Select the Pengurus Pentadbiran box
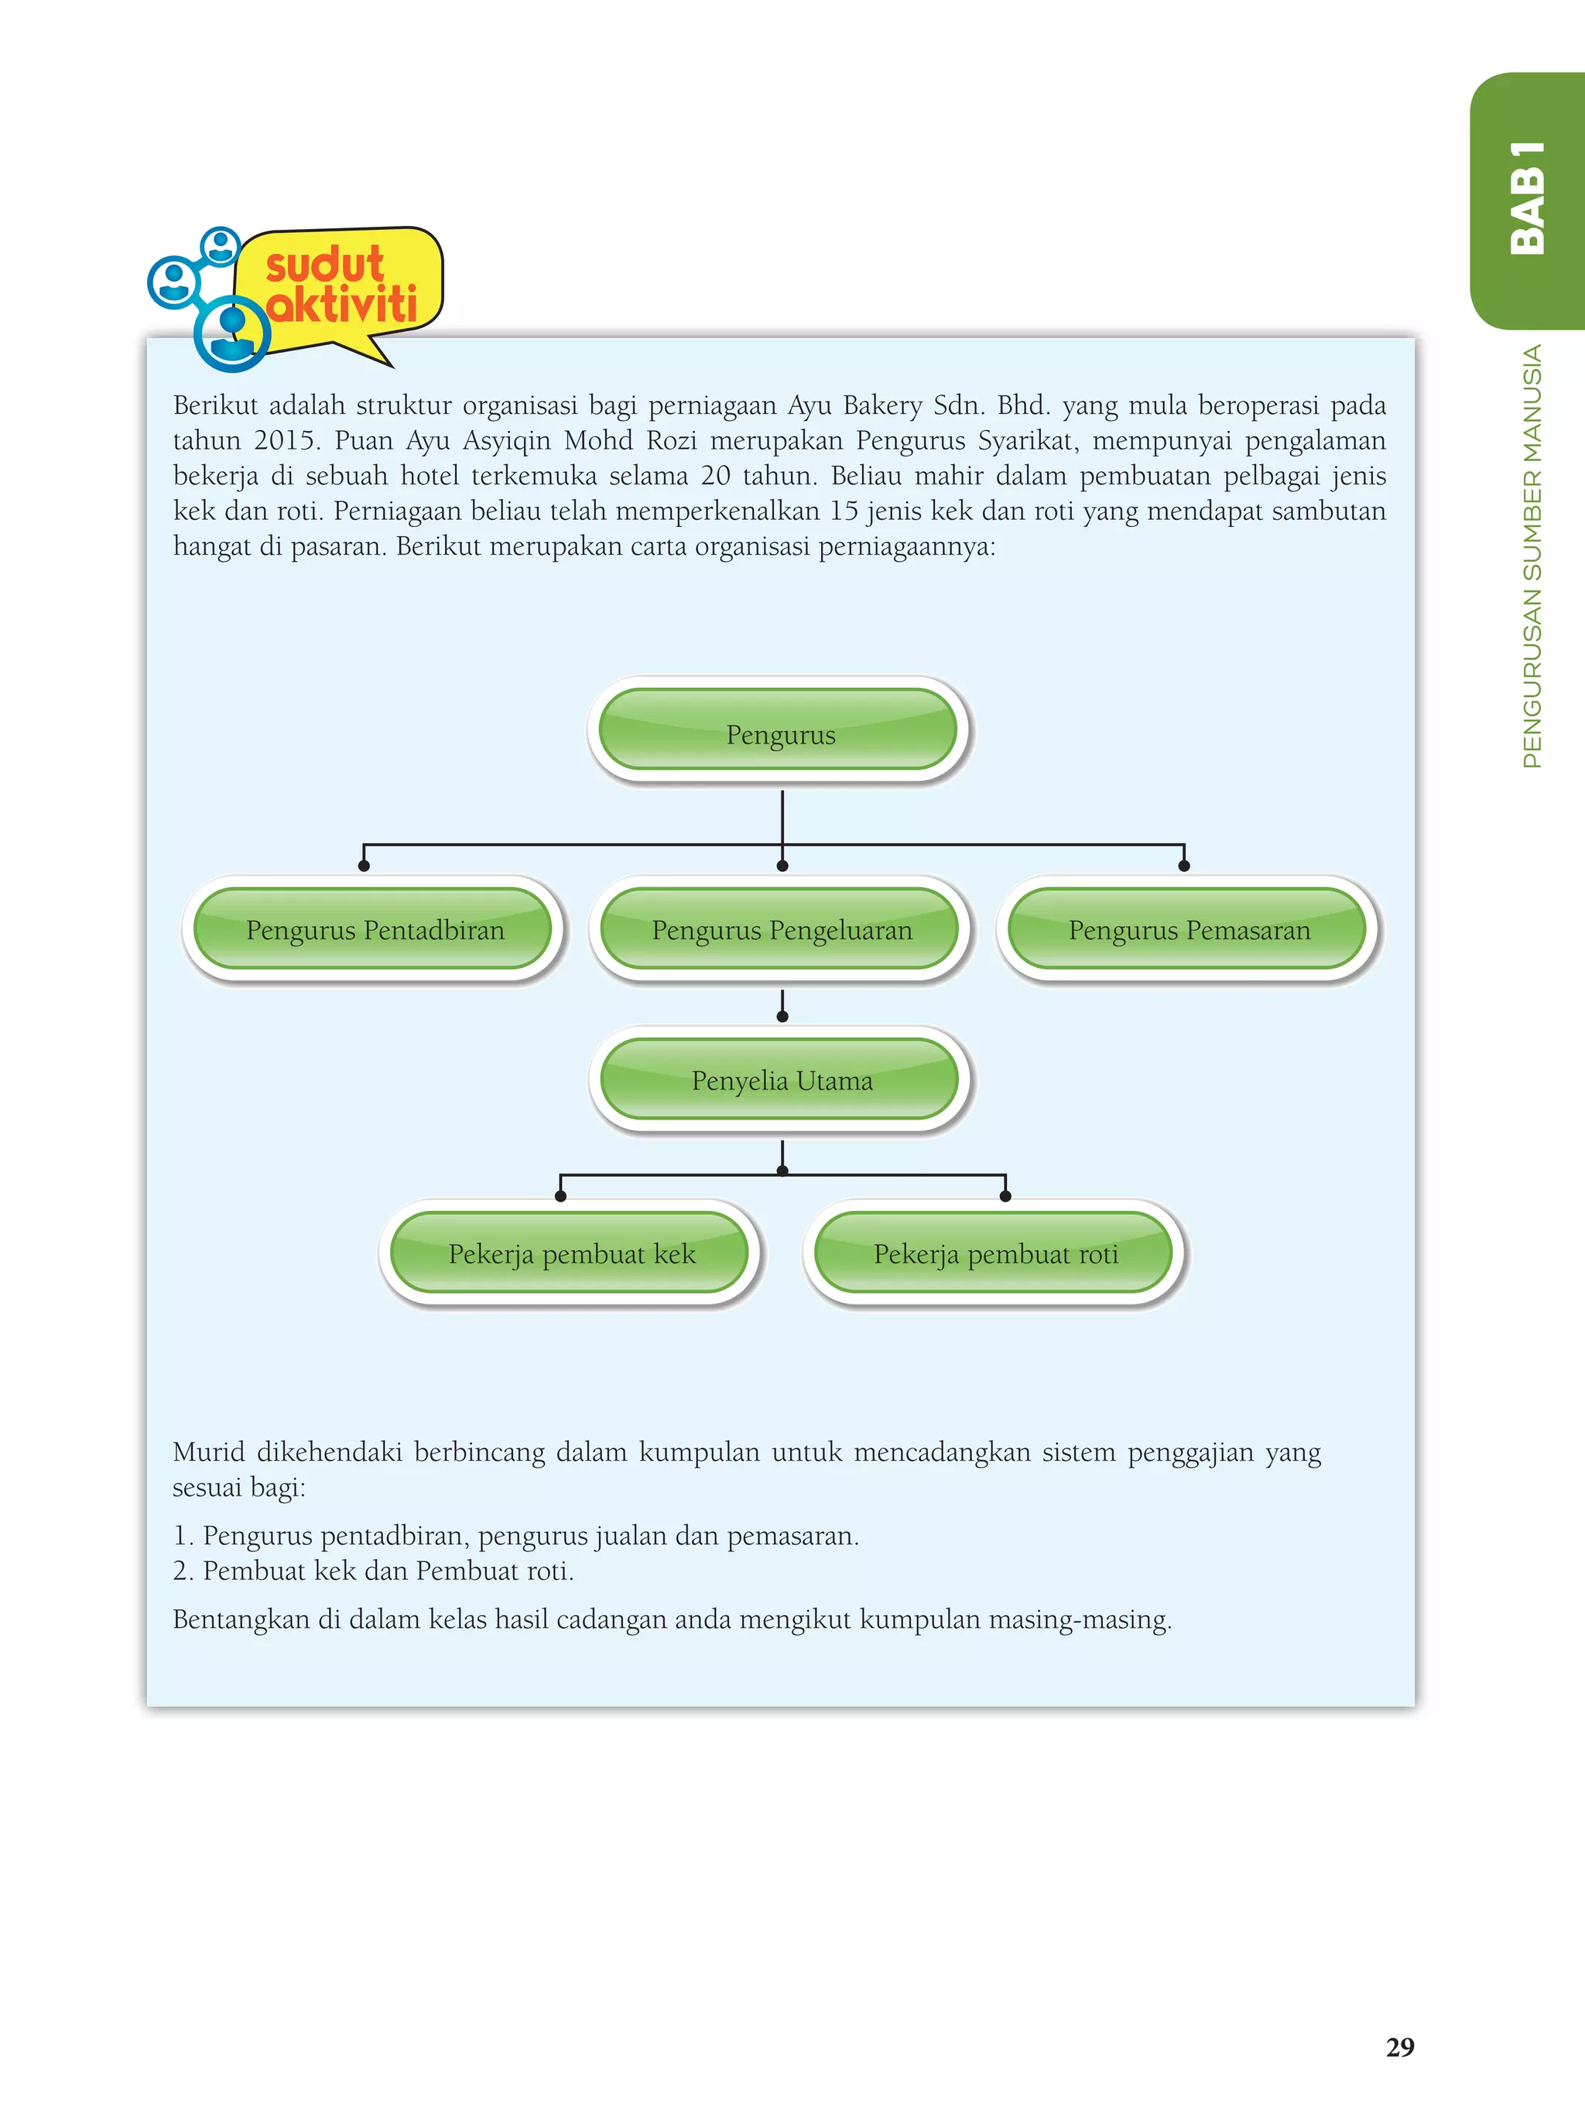pyautogui.click(x=374, y=929)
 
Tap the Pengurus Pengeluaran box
pyautogui.click(x=782, y=929)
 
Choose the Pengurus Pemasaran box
pyautogui.click(x=1189, y=929)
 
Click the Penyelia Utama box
pyautogui.click(x=782, y=1080)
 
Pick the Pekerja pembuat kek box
pyautogui.click(x=571, y=1253)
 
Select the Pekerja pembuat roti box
pyautogui.click(x=995, y=1253)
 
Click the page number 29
pyautogui.click(x=1400, y=2046)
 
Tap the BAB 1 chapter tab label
pyautogui.click(x=1527, y=198)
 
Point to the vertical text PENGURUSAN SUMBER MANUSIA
pyautogui.click(x=1532, y=556)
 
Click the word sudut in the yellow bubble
pyautogui.click(x=324, y=265)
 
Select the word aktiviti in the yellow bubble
pyautogui.click(x=343, y=305)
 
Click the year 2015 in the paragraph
pyautogui.click(x=285, y=440)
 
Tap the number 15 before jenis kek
pyautogui.click(x=844, y=511)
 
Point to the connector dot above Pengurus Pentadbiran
pyautogui.click(x=364, y=866)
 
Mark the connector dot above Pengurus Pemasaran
pyautogui.click(x=1184, y=866)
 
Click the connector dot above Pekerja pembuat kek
pyautogui.click(x=561, y=1196)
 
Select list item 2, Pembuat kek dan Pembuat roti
pyautogui.click(x=374, y=1571)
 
